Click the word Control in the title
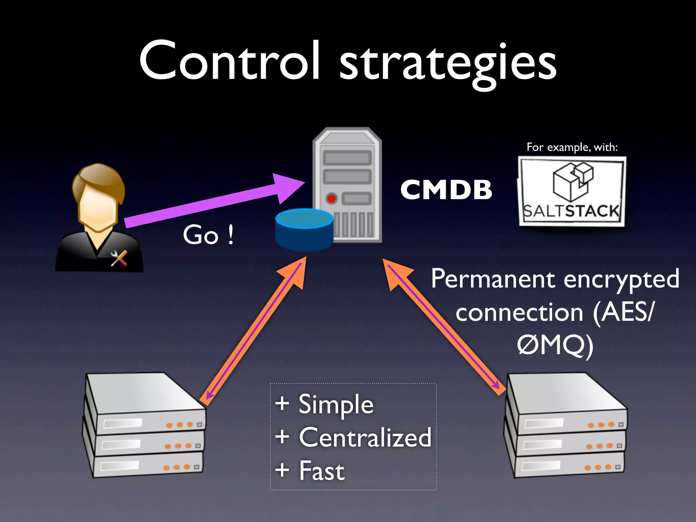229,61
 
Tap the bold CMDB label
446,190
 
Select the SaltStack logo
572,191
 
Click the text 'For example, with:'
572,147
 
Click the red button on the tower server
331,198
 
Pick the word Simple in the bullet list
336,404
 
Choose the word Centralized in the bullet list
365,437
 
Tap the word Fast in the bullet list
321,471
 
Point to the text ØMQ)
555,345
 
